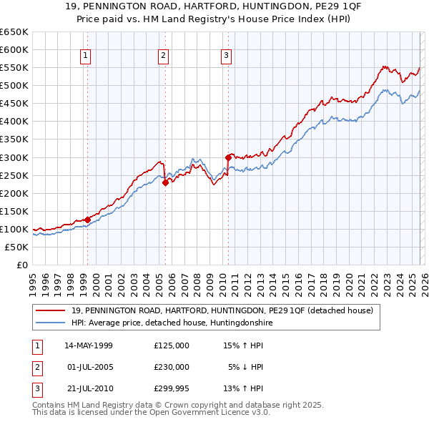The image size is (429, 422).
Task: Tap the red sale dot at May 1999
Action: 87,220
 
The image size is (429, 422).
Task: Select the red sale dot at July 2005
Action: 165,182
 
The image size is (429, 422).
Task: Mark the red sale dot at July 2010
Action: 229,157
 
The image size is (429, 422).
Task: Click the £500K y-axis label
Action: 14,85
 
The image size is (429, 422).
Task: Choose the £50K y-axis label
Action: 16,247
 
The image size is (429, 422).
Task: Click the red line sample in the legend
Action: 51,310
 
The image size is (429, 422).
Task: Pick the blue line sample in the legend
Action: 51,323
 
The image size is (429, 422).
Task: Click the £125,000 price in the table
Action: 171,345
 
